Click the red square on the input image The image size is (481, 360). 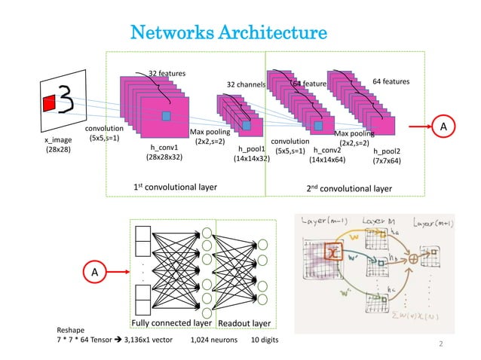[49, 102]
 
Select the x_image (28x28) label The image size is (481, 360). [59, 144]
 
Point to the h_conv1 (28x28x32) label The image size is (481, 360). [164, 153]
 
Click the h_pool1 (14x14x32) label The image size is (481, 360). [253, 154]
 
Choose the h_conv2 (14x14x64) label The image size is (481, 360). [328, 155]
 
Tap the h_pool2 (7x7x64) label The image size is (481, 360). [387, 155]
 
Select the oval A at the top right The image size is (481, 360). [444, 127]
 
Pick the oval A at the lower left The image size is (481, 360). [94, 270]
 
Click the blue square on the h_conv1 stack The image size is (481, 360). [167, 114]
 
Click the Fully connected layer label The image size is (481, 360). [171, 323]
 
